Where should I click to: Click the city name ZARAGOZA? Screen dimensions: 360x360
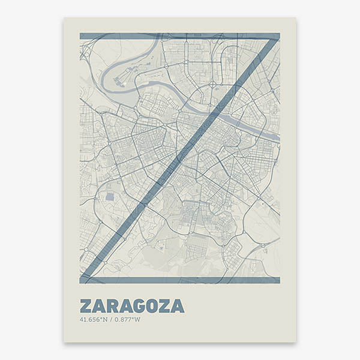pos(131,306)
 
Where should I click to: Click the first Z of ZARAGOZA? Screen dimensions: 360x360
pos(85,306)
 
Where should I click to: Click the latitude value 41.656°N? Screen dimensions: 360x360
pos(92,319)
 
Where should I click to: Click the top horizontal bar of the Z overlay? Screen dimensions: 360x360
pos(179,36)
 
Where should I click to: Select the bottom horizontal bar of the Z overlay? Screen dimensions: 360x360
pos(179,280)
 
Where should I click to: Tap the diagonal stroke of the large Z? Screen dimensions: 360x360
pos(180,158)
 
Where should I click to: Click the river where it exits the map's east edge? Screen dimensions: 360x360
pos(277,139)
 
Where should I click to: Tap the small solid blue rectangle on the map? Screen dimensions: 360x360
pos(109,196)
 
